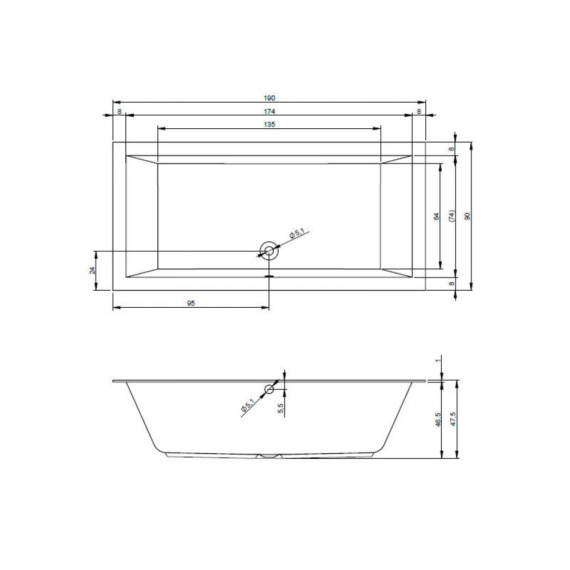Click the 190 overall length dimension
[270, 98]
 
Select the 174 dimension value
[270, 111]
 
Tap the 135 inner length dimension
[270, 124]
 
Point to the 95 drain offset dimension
[191, 303]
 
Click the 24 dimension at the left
[92, 270]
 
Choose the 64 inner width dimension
[437, 216]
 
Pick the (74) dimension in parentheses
[452, 216]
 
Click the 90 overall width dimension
[468, 216]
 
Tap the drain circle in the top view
[270, 250]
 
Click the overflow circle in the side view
[269, 389]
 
